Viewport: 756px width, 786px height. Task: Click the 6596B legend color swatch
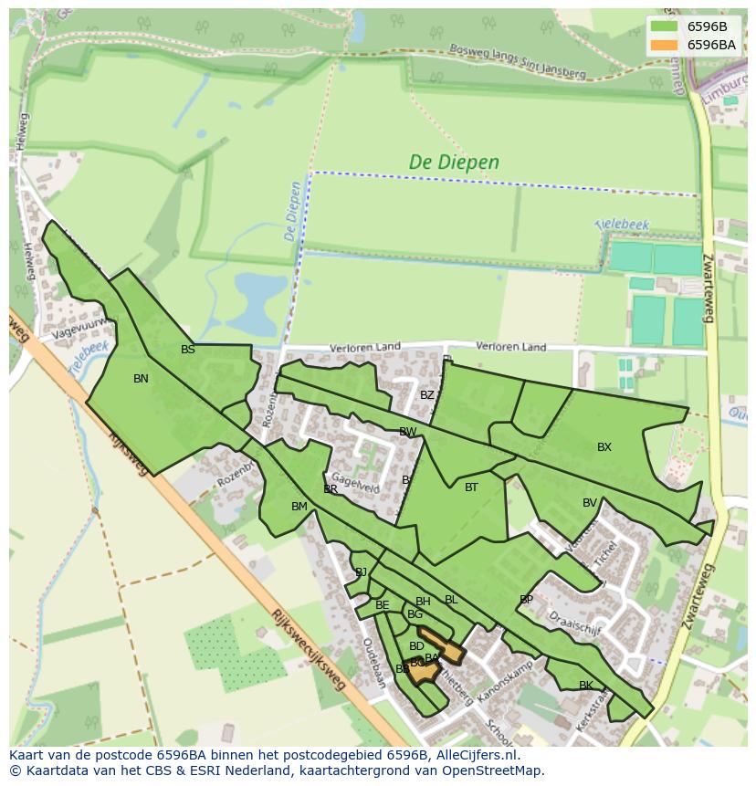click(664, 26)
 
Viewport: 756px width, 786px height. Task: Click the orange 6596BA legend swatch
click(664, 45)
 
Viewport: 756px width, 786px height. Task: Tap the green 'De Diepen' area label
click(454, 162)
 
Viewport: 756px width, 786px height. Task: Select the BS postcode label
click(188, 350)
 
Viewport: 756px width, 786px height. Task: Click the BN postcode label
click(141, 379)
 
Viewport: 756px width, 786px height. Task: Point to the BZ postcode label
click(427, 395)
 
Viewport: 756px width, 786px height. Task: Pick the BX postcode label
click(604, 447)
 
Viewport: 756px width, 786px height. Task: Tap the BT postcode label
click(471, 487)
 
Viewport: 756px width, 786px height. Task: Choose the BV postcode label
click(590, 503)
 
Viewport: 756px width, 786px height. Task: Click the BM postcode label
click(299, 507)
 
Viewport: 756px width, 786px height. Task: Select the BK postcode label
click(586, 686)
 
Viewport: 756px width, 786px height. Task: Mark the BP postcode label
click(526, 600)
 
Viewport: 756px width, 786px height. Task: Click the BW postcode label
click(407, 432)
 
